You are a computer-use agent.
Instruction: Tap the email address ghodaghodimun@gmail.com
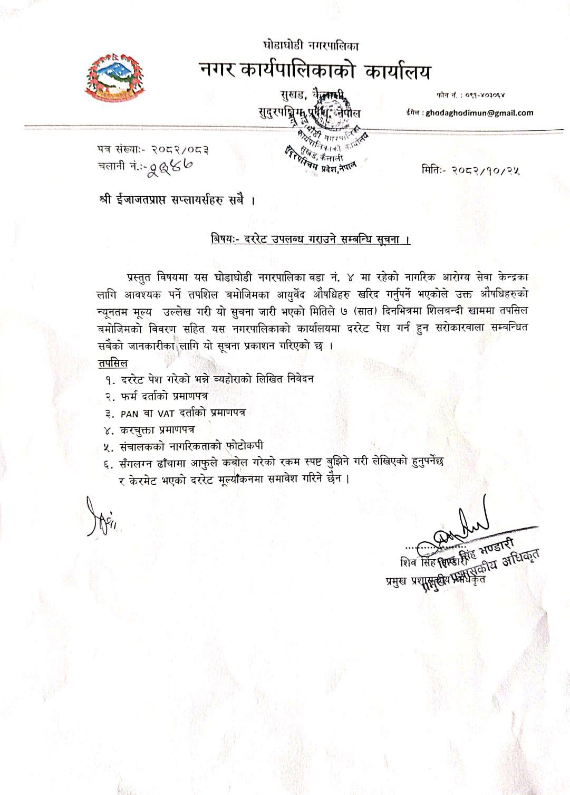click(x=479, y=112)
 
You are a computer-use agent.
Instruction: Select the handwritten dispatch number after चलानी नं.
click(x=170, y=166)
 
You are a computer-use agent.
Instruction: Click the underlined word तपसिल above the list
click(x=112, y=363)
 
